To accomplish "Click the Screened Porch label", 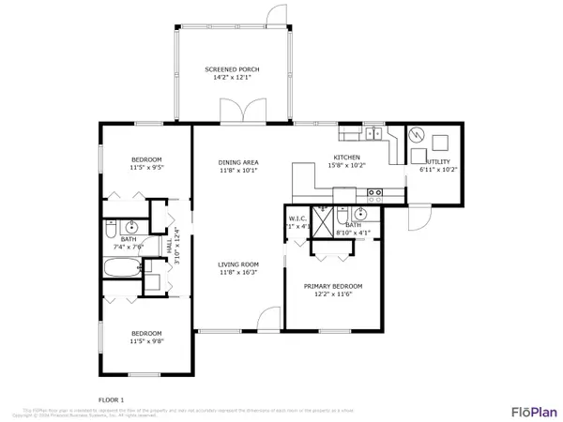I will click(232, 69).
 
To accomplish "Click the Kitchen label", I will click(347, 157).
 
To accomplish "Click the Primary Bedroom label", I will click(333, 285).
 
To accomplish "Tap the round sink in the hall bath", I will click(132, 227).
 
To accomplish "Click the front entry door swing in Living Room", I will click(270, 318).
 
